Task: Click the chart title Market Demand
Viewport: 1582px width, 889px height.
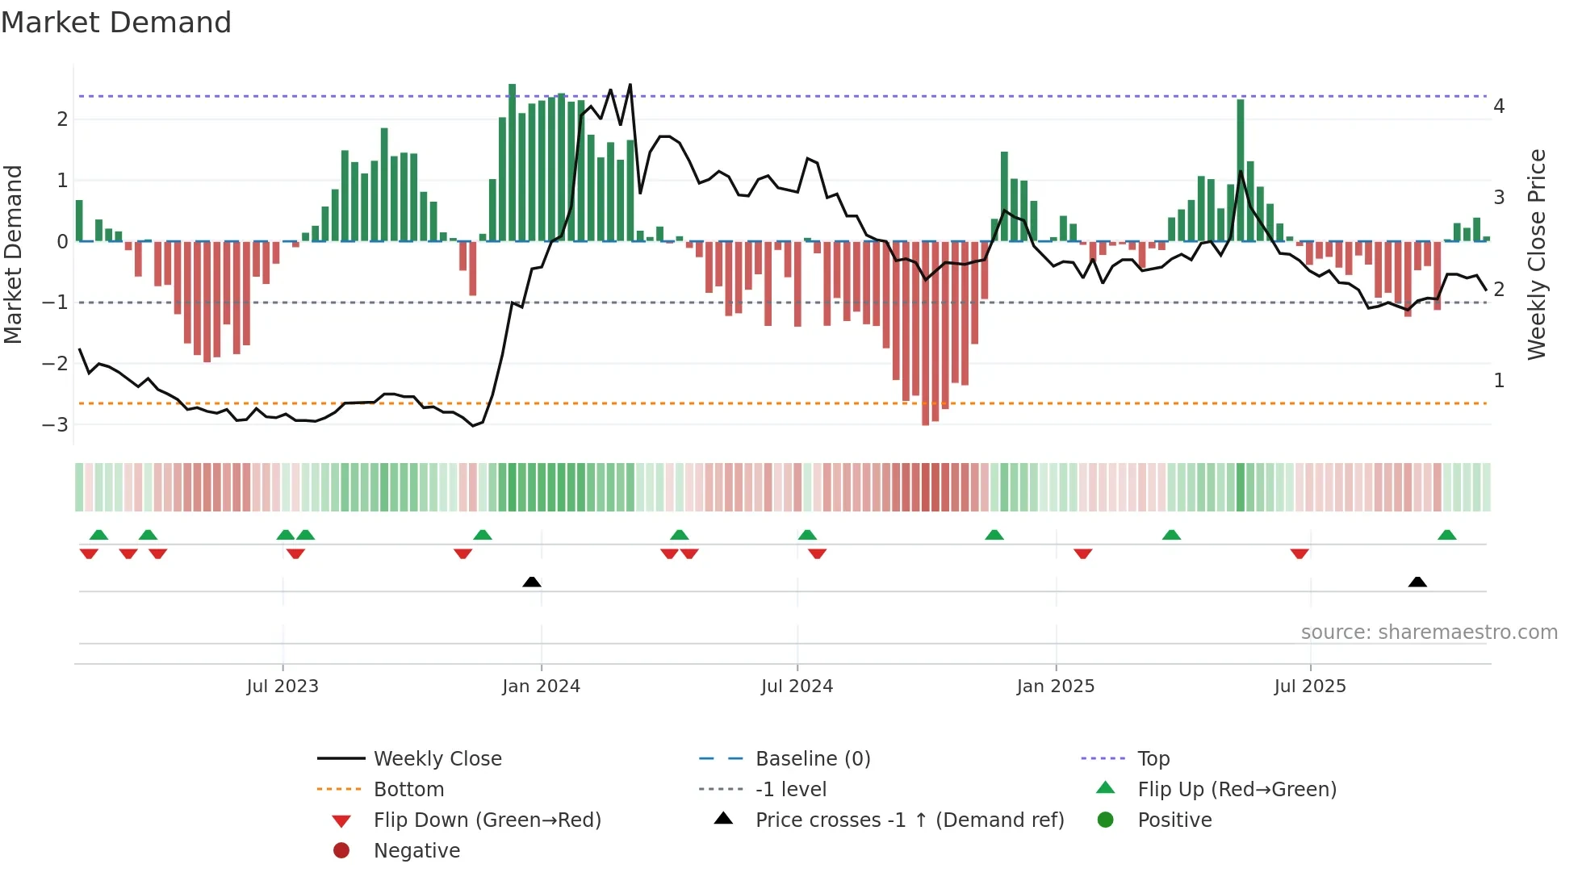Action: [116, 23]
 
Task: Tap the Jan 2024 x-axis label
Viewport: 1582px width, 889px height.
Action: [541, 687]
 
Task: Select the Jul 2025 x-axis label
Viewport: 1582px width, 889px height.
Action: [1309, 687]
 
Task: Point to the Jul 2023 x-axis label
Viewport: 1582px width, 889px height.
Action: [282, 687]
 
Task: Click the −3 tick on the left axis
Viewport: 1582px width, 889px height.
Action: [55, 424]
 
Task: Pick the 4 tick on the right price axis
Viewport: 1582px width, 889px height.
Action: [1499, 106]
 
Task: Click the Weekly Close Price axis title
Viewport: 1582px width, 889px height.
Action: [1537, 254]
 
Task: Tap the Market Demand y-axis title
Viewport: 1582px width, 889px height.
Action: [14, 254]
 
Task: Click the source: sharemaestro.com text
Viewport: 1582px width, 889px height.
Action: [1429, 632]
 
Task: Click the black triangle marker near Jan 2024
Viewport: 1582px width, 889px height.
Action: [532, 582]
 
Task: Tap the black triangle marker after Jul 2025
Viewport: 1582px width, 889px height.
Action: [1417, 582]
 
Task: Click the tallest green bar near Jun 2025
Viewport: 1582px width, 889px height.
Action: [1241, 169]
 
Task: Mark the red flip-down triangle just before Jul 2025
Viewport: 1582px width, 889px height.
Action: [1299, 554]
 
